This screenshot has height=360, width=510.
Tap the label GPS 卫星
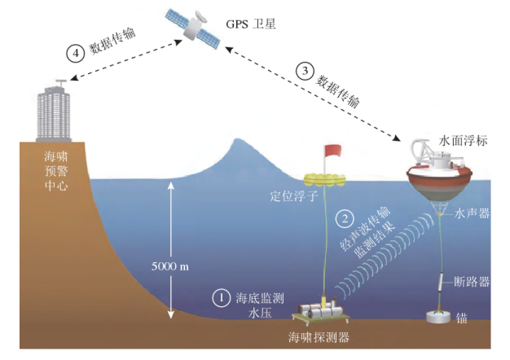click(252, 24)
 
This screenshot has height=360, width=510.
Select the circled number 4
click(76, 53)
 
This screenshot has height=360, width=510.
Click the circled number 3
click(306, 71)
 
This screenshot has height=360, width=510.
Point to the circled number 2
click(345, 218)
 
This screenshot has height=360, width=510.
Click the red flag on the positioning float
click(332, 151)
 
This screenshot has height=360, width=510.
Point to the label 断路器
click(474, 282)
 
